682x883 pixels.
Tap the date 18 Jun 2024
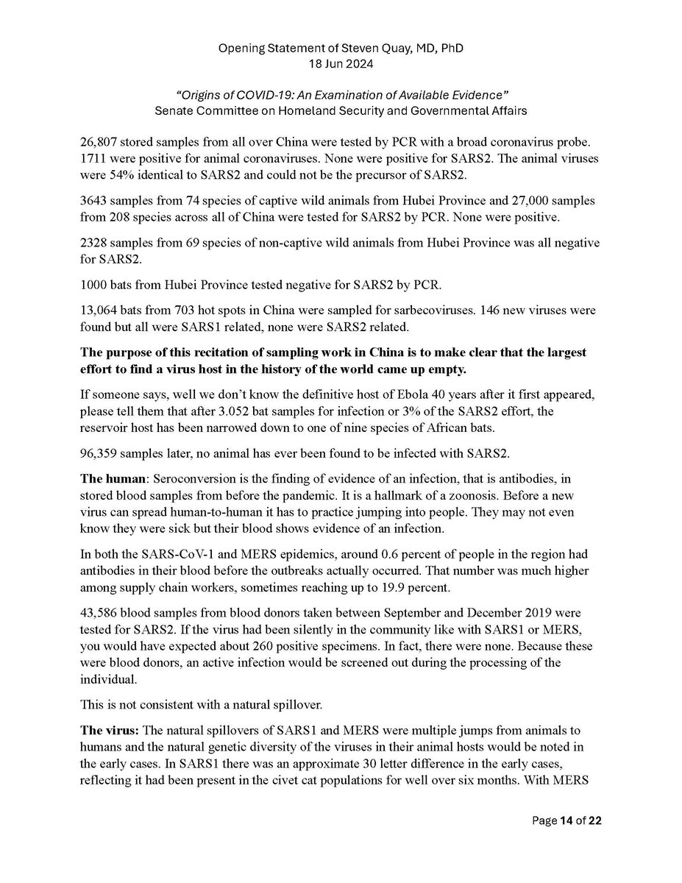(x=341, y=64)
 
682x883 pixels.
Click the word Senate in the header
(x=172, y=110)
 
